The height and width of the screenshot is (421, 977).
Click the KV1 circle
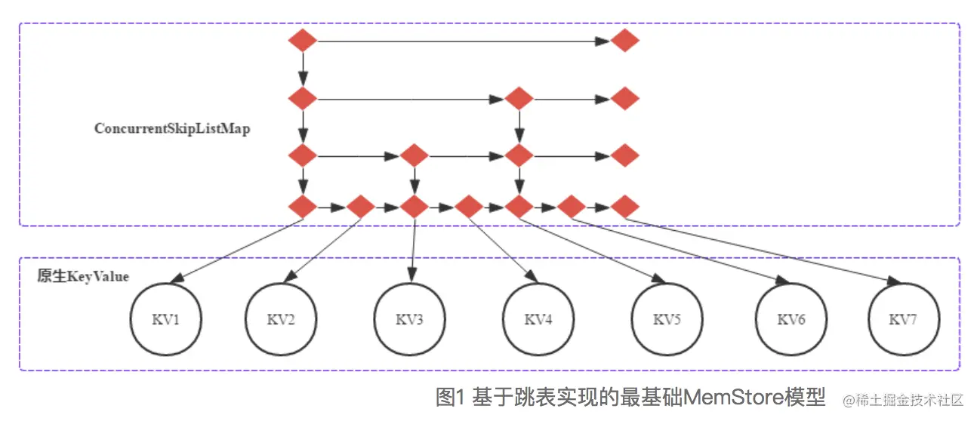pyautogui.click(x=165, y=319)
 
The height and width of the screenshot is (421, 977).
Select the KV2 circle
pyautogui.click(x=281, y=319)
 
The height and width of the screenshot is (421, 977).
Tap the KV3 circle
pyautogui.click(x=410, y=319)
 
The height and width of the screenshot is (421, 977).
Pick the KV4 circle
pyautogui.click(x=538, y=319)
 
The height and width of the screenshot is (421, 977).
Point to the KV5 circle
pyautogui.click(x=667, y=319)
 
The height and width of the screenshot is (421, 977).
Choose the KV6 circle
pyautogui.click(x=791, y=319)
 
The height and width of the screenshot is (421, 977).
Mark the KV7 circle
pyautogui.click(x=904, y=319)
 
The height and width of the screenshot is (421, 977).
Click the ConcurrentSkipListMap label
pyautogui.click(x=172, y=129)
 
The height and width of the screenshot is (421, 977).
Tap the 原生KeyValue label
pyautogui.click(x=83, y=277)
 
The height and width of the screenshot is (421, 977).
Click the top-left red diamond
pyautogui.click(x=303, y=40)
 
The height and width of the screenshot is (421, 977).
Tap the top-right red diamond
pyautogui.click(x=625, y=40)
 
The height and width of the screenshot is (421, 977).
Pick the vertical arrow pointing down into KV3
pyautogui.click(x=413, y=250)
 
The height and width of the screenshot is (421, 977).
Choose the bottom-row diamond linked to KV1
pyautogui.click(x=303, y=206)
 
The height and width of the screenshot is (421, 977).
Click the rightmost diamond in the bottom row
pyautogui.click(x=625, y=206)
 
